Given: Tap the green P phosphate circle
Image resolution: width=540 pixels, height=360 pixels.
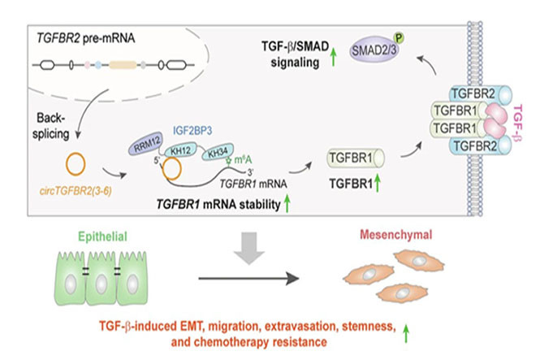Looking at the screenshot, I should point(400,37).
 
